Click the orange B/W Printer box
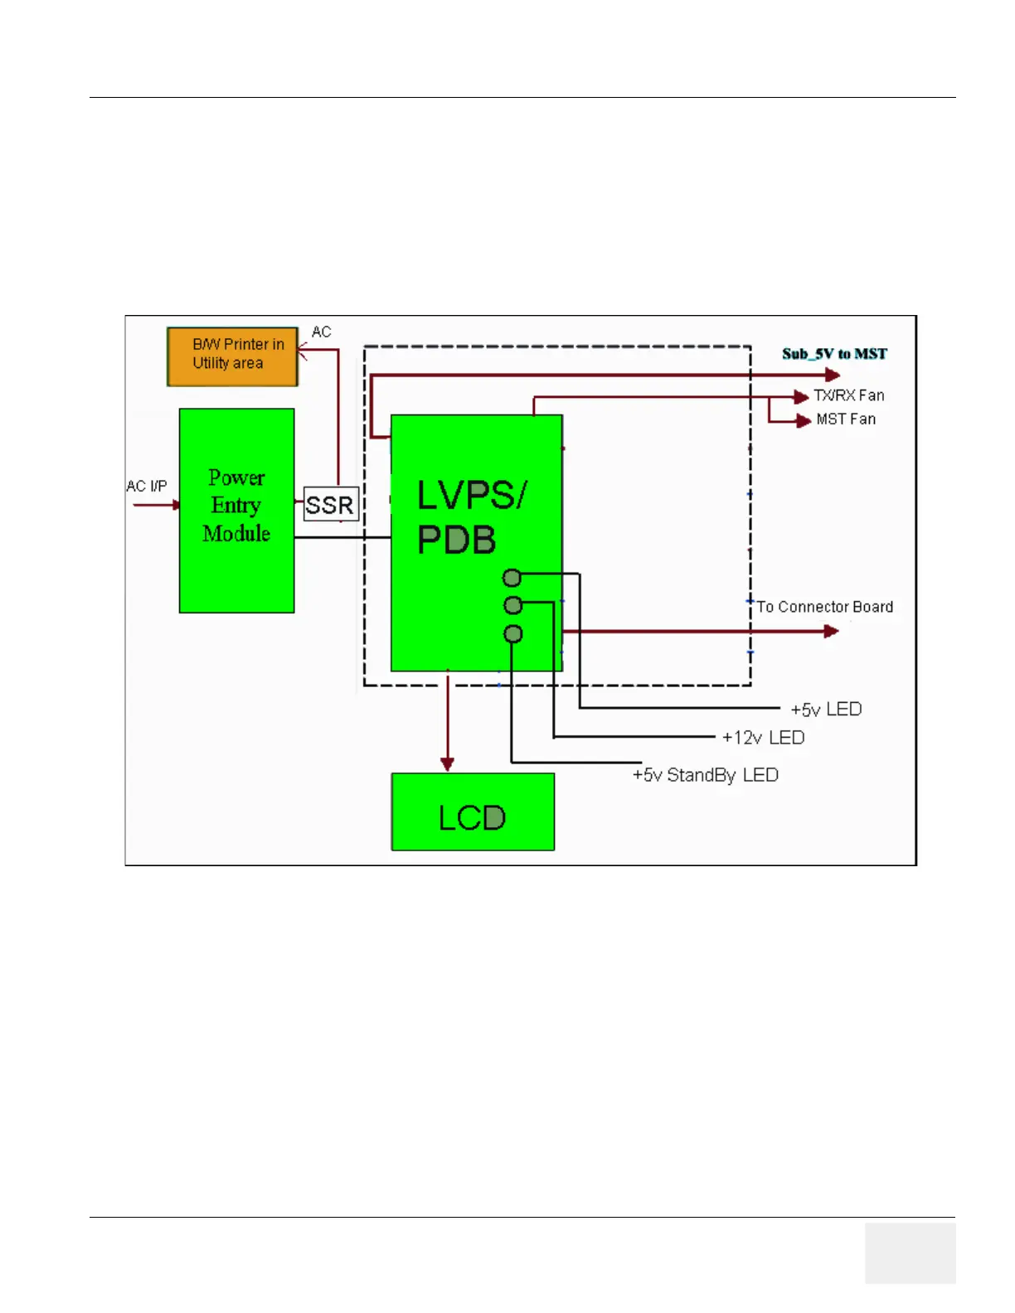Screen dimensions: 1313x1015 point(232,356)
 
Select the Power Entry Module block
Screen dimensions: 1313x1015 point(236,510)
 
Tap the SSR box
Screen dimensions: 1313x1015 point(330,504)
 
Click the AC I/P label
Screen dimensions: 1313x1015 point(147,486)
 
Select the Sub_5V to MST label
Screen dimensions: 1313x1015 point(834,354)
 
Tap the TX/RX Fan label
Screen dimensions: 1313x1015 point(848,395)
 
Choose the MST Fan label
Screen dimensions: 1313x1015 point(846,419)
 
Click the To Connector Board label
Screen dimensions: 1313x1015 point(824,607)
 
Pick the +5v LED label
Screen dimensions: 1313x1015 point(826,710)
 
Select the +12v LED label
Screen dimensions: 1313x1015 point(763,738)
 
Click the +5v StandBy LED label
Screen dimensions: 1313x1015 point(705,775)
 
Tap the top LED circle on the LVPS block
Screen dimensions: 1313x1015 point(512,578)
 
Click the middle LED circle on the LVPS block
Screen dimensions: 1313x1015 point(513,605)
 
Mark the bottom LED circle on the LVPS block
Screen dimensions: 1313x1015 point(513,634)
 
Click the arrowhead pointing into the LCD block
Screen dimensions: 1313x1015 point(448,763)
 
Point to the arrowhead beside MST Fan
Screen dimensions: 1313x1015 point(803,421)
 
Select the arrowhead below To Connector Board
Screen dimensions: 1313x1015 point(831,632)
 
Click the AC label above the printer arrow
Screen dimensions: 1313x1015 point(321,332)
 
